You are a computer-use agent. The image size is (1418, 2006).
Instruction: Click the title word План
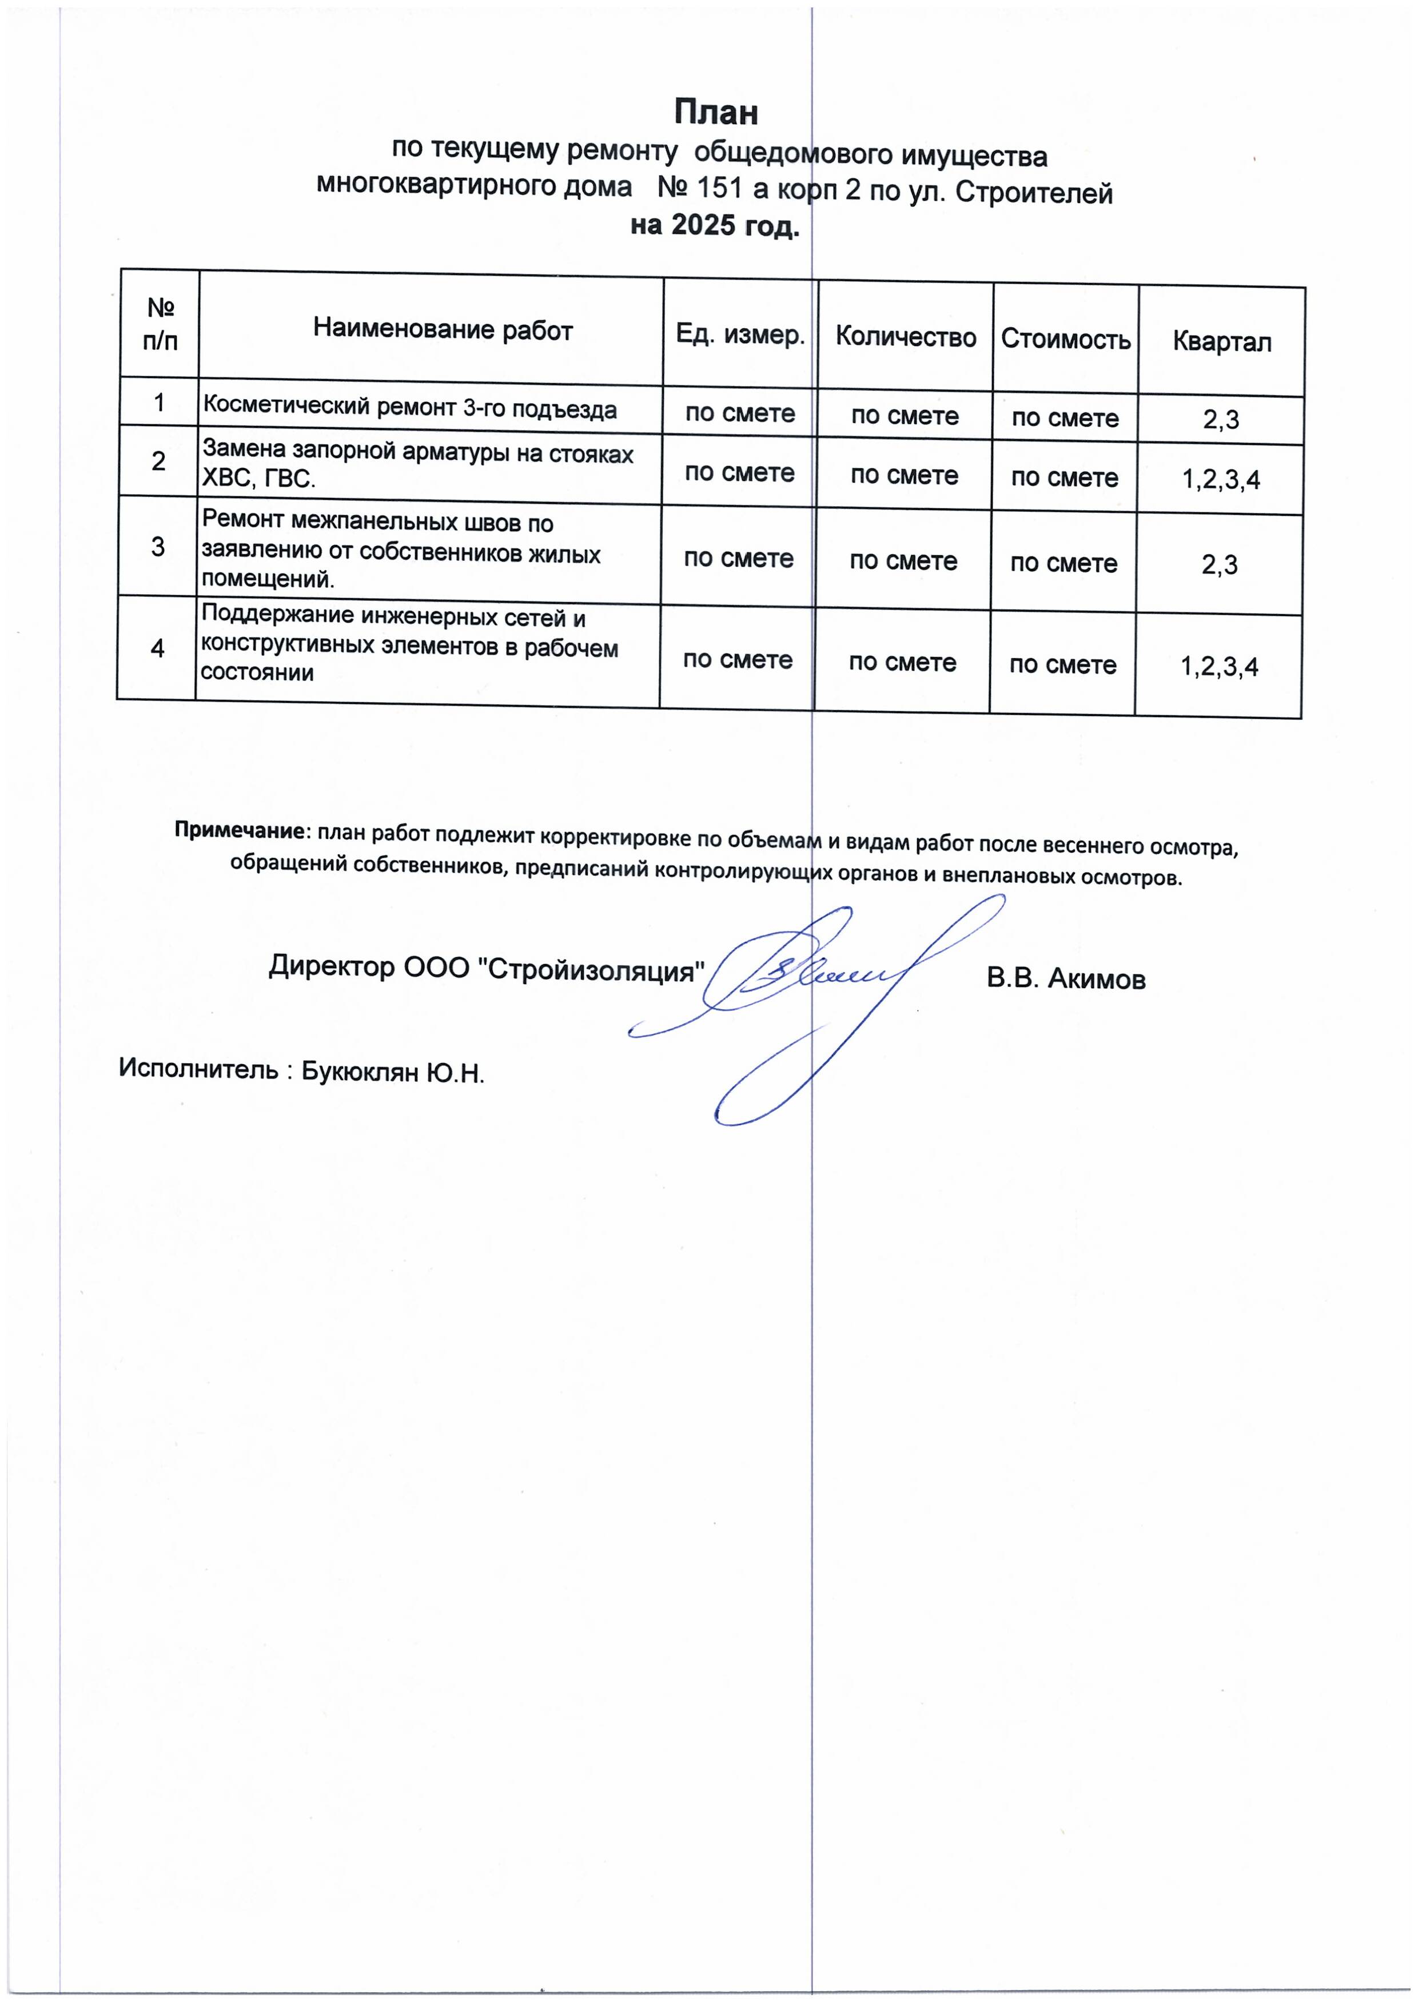coord(715,113)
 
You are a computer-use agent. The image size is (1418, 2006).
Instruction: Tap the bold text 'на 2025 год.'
coord(715,227)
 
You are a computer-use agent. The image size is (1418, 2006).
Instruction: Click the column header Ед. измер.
coord(740,335)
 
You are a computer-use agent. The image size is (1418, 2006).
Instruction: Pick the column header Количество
coord(905,337)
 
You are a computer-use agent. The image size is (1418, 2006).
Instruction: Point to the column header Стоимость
coord(1065,339)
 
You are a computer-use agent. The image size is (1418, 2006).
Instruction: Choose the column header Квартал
coord(1221,341)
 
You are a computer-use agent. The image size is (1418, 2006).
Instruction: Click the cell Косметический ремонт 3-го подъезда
coord(410,408)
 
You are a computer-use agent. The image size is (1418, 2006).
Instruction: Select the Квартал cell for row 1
coord(1221,421)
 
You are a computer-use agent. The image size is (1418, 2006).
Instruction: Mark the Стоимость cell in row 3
coord(1063,563)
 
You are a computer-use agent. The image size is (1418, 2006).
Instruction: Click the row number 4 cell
coord(157,648)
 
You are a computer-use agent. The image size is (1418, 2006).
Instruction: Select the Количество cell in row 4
coord(902,662)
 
